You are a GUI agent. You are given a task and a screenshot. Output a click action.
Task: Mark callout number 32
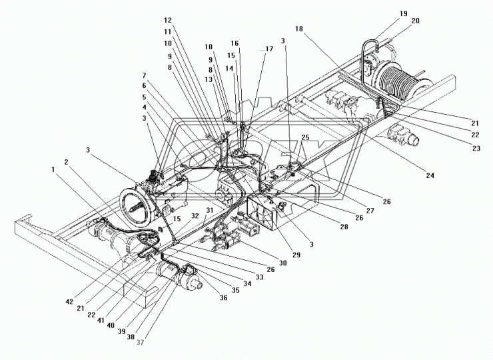(x=195, y=216)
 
